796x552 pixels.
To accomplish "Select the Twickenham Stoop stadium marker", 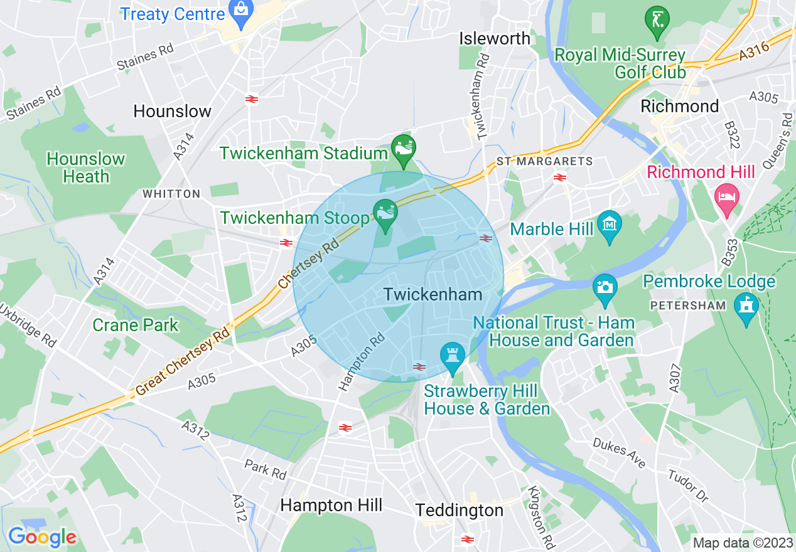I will click(x=385, y=213).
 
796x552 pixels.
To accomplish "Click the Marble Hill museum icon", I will click(x=609, y=224).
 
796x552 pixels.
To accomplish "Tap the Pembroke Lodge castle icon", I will click(x=746, y=306).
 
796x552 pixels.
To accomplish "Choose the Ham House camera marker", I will click(x=605, y=287).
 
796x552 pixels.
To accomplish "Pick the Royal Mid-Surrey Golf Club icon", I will click(x=657, y=19).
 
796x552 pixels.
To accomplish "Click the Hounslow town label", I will click(x=172, y=112).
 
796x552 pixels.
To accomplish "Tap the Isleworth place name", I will click(x=495, y=38).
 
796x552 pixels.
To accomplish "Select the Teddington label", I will click(x=460, y=510).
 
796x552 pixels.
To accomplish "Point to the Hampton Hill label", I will click(x=331, y=505).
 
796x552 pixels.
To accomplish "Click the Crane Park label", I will click(x=135, y=325).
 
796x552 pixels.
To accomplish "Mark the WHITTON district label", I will click(x=171, y=194).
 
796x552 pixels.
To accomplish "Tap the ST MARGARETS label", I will click(x=544, y=162).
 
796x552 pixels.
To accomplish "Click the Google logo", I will click(x=42, y=537).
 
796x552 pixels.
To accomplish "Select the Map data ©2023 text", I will click(x=742, y=543).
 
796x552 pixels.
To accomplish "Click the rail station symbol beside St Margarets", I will click(x=561, y=178).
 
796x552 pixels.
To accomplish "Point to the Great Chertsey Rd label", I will click(x=183, y=362).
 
